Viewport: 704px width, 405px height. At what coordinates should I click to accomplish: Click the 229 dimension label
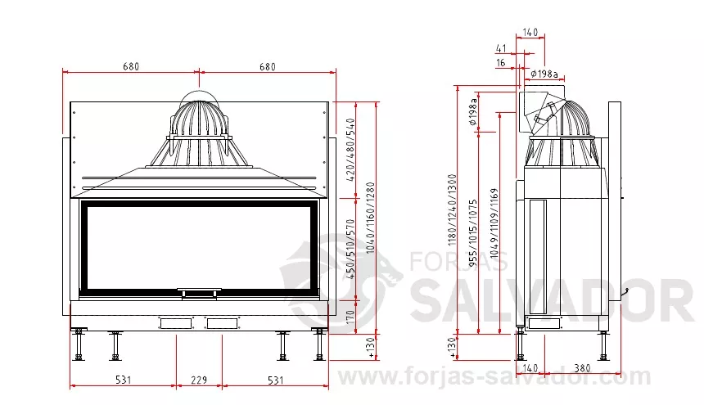199,380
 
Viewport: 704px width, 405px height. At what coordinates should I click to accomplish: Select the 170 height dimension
350,317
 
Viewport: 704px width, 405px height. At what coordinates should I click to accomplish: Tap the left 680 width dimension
131,67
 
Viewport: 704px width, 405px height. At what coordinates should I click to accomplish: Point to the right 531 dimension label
276,380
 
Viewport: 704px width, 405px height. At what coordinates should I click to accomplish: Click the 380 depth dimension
582,368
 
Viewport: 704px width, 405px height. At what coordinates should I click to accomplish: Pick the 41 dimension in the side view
501,48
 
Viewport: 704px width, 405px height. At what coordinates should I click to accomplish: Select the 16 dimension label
501,63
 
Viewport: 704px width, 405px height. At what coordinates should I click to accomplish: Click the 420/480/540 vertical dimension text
350,150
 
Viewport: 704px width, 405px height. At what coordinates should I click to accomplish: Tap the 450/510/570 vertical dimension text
350,249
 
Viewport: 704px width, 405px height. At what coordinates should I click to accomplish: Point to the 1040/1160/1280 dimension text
370,218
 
